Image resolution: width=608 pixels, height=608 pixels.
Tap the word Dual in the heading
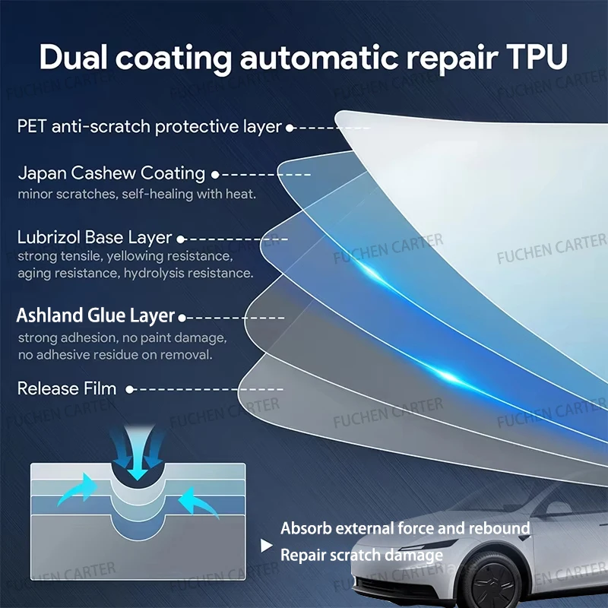(x=73, y=56)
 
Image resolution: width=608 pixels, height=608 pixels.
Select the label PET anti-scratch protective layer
(x=149, y=126)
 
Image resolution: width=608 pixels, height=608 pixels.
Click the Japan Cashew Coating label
(x=112, y=173)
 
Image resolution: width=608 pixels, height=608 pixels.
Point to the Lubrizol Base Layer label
(x=94, y=237)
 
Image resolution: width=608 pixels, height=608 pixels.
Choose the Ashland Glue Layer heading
(x=96, y=315)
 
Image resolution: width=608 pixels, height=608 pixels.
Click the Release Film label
(x=67, y=388)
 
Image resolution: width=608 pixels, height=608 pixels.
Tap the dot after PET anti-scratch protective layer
(x=290, y=128)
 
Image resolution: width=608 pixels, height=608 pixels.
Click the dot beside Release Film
(x=130, y=389)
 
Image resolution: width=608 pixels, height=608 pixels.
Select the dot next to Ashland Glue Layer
(x=182, y=318)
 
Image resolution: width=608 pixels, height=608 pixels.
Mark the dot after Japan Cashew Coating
(x=215, y=175)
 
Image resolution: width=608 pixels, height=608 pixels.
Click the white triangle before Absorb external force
(x=267, y=546)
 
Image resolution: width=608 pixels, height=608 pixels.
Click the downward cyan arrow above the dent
(x=138, y=454)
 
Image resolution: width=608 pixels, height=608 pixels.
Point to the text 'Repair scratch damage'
(x=362, y=555)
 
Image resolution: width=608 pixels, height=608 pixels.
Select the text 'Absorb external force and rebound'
(x=405, y=528)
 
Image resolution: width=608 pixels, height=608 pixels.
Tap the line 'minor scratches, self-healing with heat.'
(x=137, y=194)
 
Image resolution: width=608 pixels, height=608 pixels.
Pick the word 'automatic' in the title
(x=319, y=58)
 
